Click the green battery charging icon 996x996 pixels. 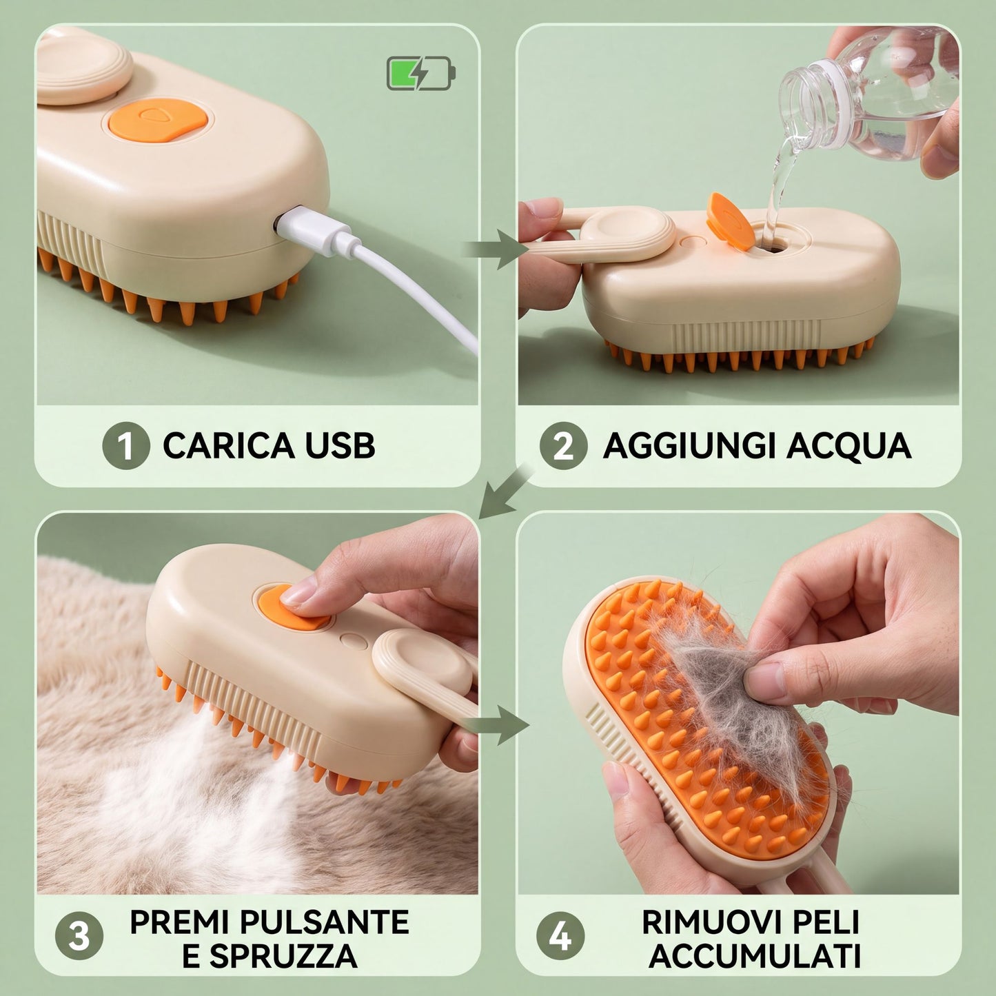click(420, 74)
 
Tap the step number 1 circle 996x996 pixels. click(126, 445)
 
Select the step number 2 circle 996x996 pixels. click(563, 445)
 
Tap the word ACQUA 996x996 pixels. click(848, 445)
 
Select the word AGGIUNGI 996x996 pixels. click(690, 445)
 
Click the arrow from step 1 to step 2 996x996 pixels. click(495, 249)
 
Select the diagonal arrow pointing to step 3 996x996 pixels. click(505, 493)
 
